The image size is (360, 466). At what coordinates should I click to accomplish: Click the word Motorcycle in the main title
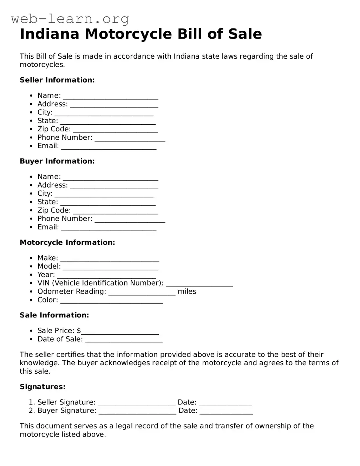[x=128, y=34]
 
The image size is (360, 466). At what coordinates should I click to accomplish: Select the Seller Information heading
[x=57, y=80]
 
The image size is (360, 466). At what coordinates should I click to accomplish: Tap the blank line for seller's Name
[x=111, y=96]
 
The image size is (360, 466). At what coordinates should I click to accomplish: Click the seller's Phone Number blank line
[x=130, y=138]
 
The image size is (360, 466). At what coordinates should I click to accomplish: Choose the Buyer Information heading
[x=57, y=161]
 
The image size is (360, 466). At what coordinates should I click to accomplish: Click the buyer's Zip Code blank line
[x=116, y=211]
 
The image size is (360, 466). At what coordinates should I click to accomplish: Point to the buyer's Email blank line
[x=109, y=228]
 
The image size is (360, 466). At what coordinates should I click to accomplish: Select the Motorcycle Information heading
[x=67, y=242]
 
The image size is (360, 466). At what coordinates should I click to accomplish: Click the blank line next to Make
[x=110, y=259]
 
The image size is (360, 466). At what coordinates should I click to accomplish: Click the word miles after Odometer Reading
[x=187, y=291]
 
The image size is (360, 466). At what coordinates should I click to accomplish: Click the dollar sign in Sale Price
[x=79, y=331]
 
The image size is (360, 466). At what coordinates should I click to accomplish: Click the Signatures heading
[x=42, y=387]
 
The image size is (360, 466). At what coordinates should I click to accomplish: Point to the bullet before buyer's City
[x=31, y=193]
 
